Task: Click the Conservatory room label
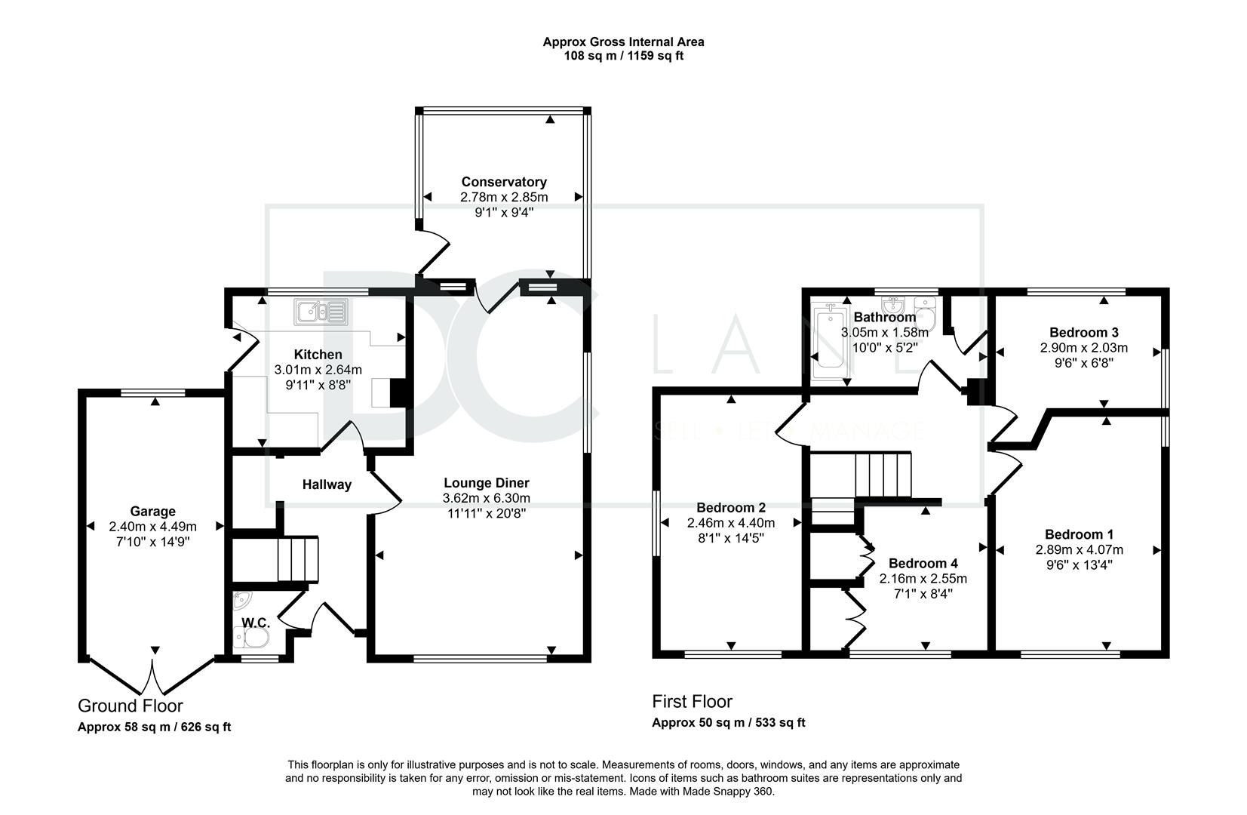pyautogui.click(x=504, y=182)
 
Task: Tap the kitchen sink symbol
pyautogui.click(x=321, y=312)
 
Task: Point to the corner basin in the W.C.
pyautogui.click(x=241, y=600)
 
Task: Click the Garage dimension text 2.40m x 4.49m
pyautogui.click(x=152, y=527)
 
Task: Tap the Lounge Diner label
pyautogui.click(x=487, y=483)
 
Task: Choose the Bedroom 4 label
pyautogui.click(x=923, y=564)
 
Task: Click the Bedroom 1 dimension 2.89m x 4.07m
pyautogui.click(x=1079, y=550)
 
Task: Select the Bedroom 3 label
pyautogui.click(x=1084, y=332)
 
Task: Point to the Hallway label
pyautogui.click(x=327, y=484)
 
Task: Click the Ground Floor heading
pyautogui.click(x=131, y=706)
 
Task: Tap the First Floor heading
pyautogui.click(x=692, y=702)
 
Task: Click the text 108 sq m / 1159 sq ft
pyautogui.click(x=623, y=56)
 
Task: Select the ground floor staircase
pyautogui.click(x=275, y=559)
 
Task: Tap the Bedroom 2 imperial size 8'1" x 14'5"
pyautogui.click(x=731, y=538)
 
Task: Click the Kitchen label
pyautogui.click(x=318, y=355)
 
